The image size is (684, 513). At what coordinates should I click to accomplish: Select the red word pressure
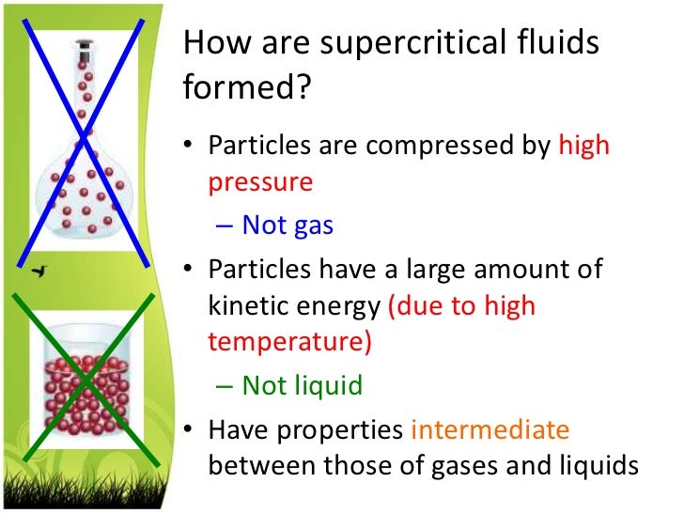click(x=260, y=181)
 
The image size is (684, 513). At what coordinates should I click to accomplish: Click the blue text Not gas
click(x=288, y=225)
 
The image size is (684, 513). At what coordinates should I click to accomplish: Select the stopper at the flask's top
click(x=84, y=44)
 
